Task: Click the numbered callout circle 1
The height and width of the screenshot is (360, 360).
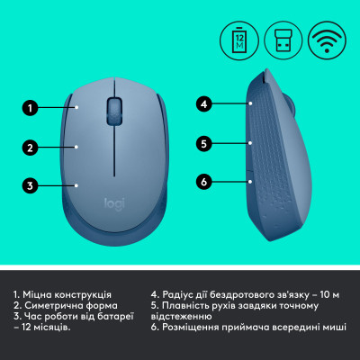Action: pyautogui.click(x=29, y=110)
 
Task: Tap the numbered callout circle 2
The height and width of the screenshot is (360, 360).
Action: pyautogui.click(x=29, y=148)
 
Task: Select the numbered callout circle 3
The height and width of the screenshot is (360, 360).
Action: pyautogui.click(x=29, y=186)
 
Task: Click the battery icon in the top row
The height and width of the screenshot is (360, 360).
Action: pyautogui.click(x=239, y=40)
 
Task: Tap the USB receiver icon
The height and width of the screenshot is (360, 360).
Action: pyautogui.click(x=283, y=40)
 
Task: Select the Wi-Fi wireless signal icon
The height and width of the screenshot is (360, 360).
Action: pyautogui.click(x=326, y=40)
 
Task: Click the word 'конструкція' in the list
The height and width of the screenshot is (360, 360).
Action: pyautogui.click(x=83, y=294)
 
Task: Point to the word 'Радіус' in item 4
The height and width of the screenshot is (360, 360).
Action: pyautogui.click(x=181, y=294)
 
